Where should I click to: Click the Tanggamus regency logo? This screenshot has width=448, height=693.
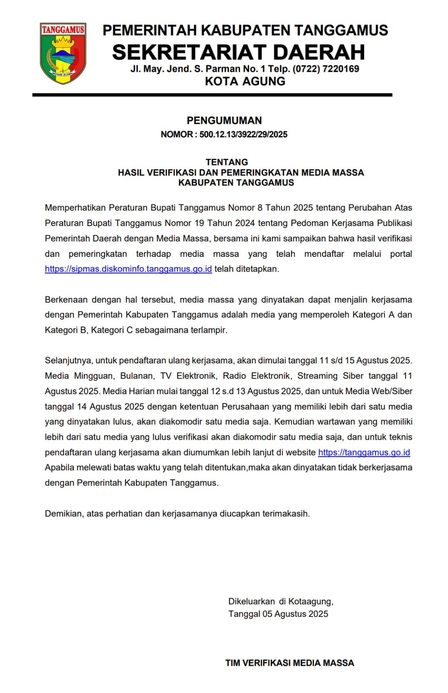[63, 53]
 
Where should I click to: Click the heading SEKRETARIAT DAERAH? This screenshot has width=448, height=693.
[239, 52]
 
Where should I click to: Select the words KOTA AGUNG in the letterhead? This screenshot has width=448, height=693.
[245, 81]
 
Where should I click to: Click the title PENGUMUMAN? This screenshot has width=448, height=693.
[224, 120]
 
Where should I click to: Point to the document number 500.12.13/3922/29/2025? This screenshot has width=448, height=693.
[243, 134]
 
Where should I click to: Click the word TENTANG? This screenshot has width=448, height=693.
[227, 162]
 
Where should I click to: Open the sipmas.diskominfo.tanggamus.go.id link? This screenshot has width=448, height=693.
[128, 269]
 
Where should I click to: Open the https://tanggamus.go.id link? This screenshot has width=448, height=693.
[364, 453]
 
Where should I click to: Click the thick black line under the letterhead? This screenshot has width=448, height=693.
[212, 95]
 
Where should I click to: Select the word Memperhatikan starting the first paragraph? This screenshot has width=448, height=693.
[74, 208]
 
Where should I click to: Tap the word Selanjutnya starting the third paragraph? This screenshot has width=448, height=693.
[68, 361]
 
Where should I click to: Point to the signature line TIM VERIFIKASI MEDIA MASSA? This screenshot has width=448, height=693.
[289, 663]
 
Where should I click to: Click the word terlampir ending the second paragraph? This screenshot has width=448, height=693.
[209, 330]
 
